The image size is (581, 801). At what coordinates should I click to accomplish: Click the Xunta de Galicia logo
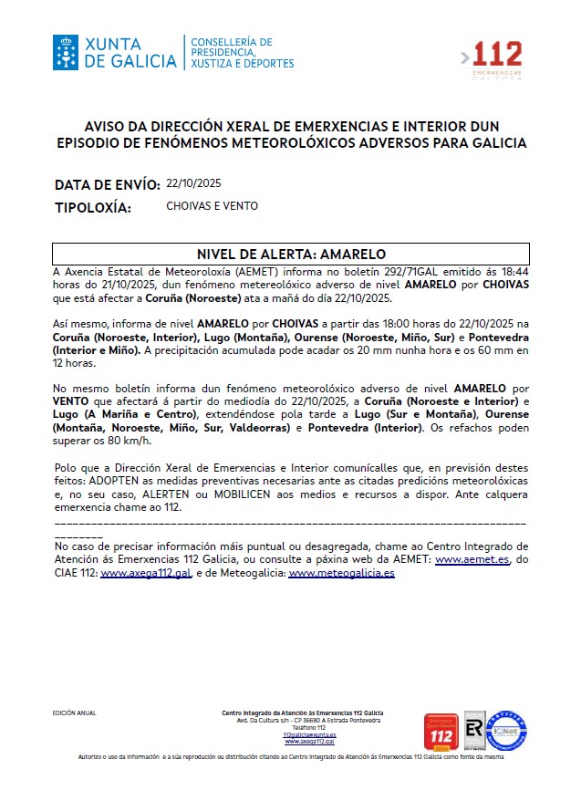click(x=115, y=53)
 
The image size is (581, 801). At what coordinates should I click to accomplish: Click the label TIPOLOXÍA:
click(x=93, y=208)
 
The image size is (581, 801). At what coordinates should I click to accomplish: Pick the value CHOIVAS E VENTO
click(x=212, y=206)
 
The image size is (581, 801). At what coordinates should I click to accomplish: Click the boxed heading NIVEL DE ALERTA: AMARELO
click(x=291, y=254)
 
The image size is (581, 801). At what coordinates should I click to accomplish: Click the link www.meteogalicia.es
click(x=341, y=573)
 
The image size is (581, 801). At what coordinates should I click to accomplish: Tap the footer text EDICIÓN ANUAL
click(x=75, y=713)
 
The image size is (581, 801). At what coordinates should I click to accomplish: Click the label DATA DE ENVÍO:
click(x=108, y=185)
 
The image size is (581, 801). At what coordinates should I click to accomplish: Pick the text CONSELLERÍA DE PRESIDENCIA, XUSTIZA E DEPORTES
click(x=242, y=53)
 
